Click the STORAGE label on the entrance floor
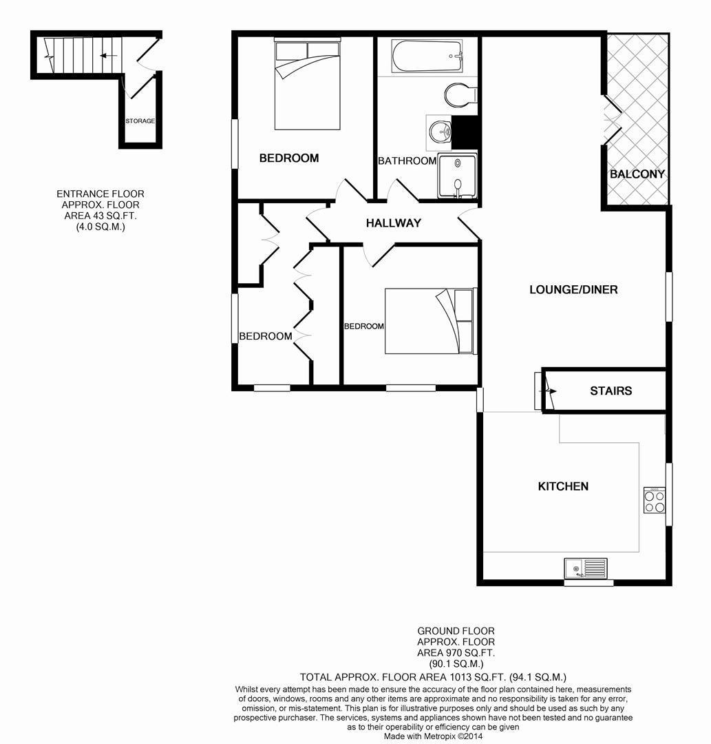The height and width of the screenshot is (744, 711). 140,121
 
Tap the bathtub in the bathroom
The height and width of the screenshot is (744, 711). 427,56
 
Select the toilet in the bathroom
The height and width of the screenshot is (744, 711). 460,95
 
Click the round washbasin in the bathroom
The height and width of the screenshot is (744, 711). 439,131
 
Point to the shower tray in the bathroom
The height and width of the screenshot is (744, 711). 458,176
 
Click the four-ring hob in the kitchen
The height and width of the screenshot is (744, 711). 655,501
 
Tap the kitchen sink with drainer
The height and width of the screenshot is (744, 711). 586,569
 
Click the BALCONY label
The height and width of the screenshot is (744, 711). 637,174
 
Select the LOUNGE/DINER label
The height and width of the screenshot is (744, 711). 573,289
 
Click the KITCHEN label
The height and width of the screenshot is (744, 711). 563,486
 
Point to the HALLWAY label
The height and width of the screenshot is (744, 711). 394,223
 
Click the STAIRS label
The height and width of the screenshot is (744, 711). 611,391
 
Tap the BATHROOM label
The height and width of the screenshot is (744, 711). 407,161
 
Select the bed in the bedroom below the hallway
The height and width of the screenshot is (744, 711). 429,321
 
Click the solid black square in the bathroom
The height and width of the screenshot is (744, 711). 465,132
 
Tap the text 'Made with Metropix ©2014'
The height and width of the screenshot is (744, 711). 433,736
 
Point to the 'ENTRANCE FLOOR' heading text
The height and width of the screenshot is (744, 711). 100,194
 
